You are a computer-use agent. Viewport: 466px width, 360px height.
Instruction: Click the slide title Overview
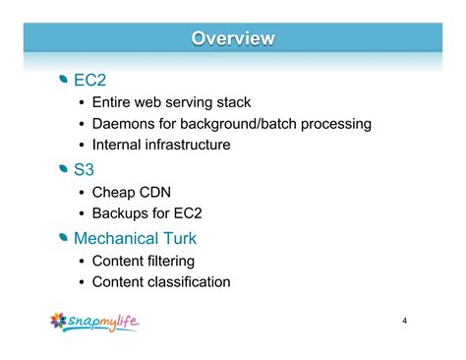click(x=233, y=38)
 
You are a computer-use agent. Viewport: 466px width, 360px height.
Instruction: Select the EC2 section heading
click(x=89, y=80)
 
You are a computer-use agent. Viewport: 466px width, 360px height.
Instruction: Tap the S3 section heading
click(x=84, y=169)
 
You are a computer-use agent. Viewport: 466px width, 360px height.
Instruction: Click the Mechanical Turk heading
click(x=136, y=237)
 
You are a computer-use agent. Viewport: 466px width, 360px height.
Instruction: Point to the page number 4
click(x=404, y=322)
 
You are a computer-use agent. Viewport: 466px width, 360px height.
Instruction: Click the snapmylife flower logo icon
click(x=61, y=322)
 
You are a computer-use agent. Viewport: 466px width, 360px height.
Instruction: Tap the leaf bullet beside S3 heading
click(x=65, y=169)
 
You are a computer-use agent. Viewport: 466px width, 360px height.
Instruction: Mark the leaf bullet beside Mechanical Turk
click(x=65, y=237)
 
